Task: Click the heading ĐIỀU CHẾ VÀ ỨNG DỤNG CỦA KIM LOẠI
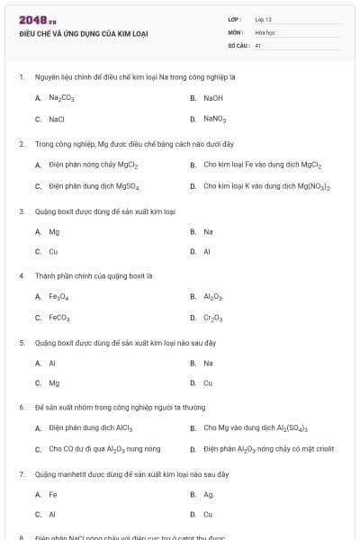(83, 33)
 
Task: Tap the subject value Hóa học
(265, 31)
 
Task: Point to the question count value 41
(258, 44)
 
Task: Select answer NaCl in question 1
(57, 118)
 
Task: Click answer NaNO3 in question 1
(215, 118)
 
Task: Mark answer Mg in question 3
(54, 231)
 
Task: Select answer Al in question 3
(207, 252)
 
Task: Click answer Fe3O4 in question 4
(58, 296)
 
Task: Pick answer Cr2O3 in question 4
(212, 318)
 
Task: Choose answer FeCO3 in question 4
(59, 318)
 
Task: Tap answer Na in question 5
(208, 363)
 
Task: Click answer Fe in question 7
(53, 494)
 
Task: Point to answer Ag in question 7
(208, 494)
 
